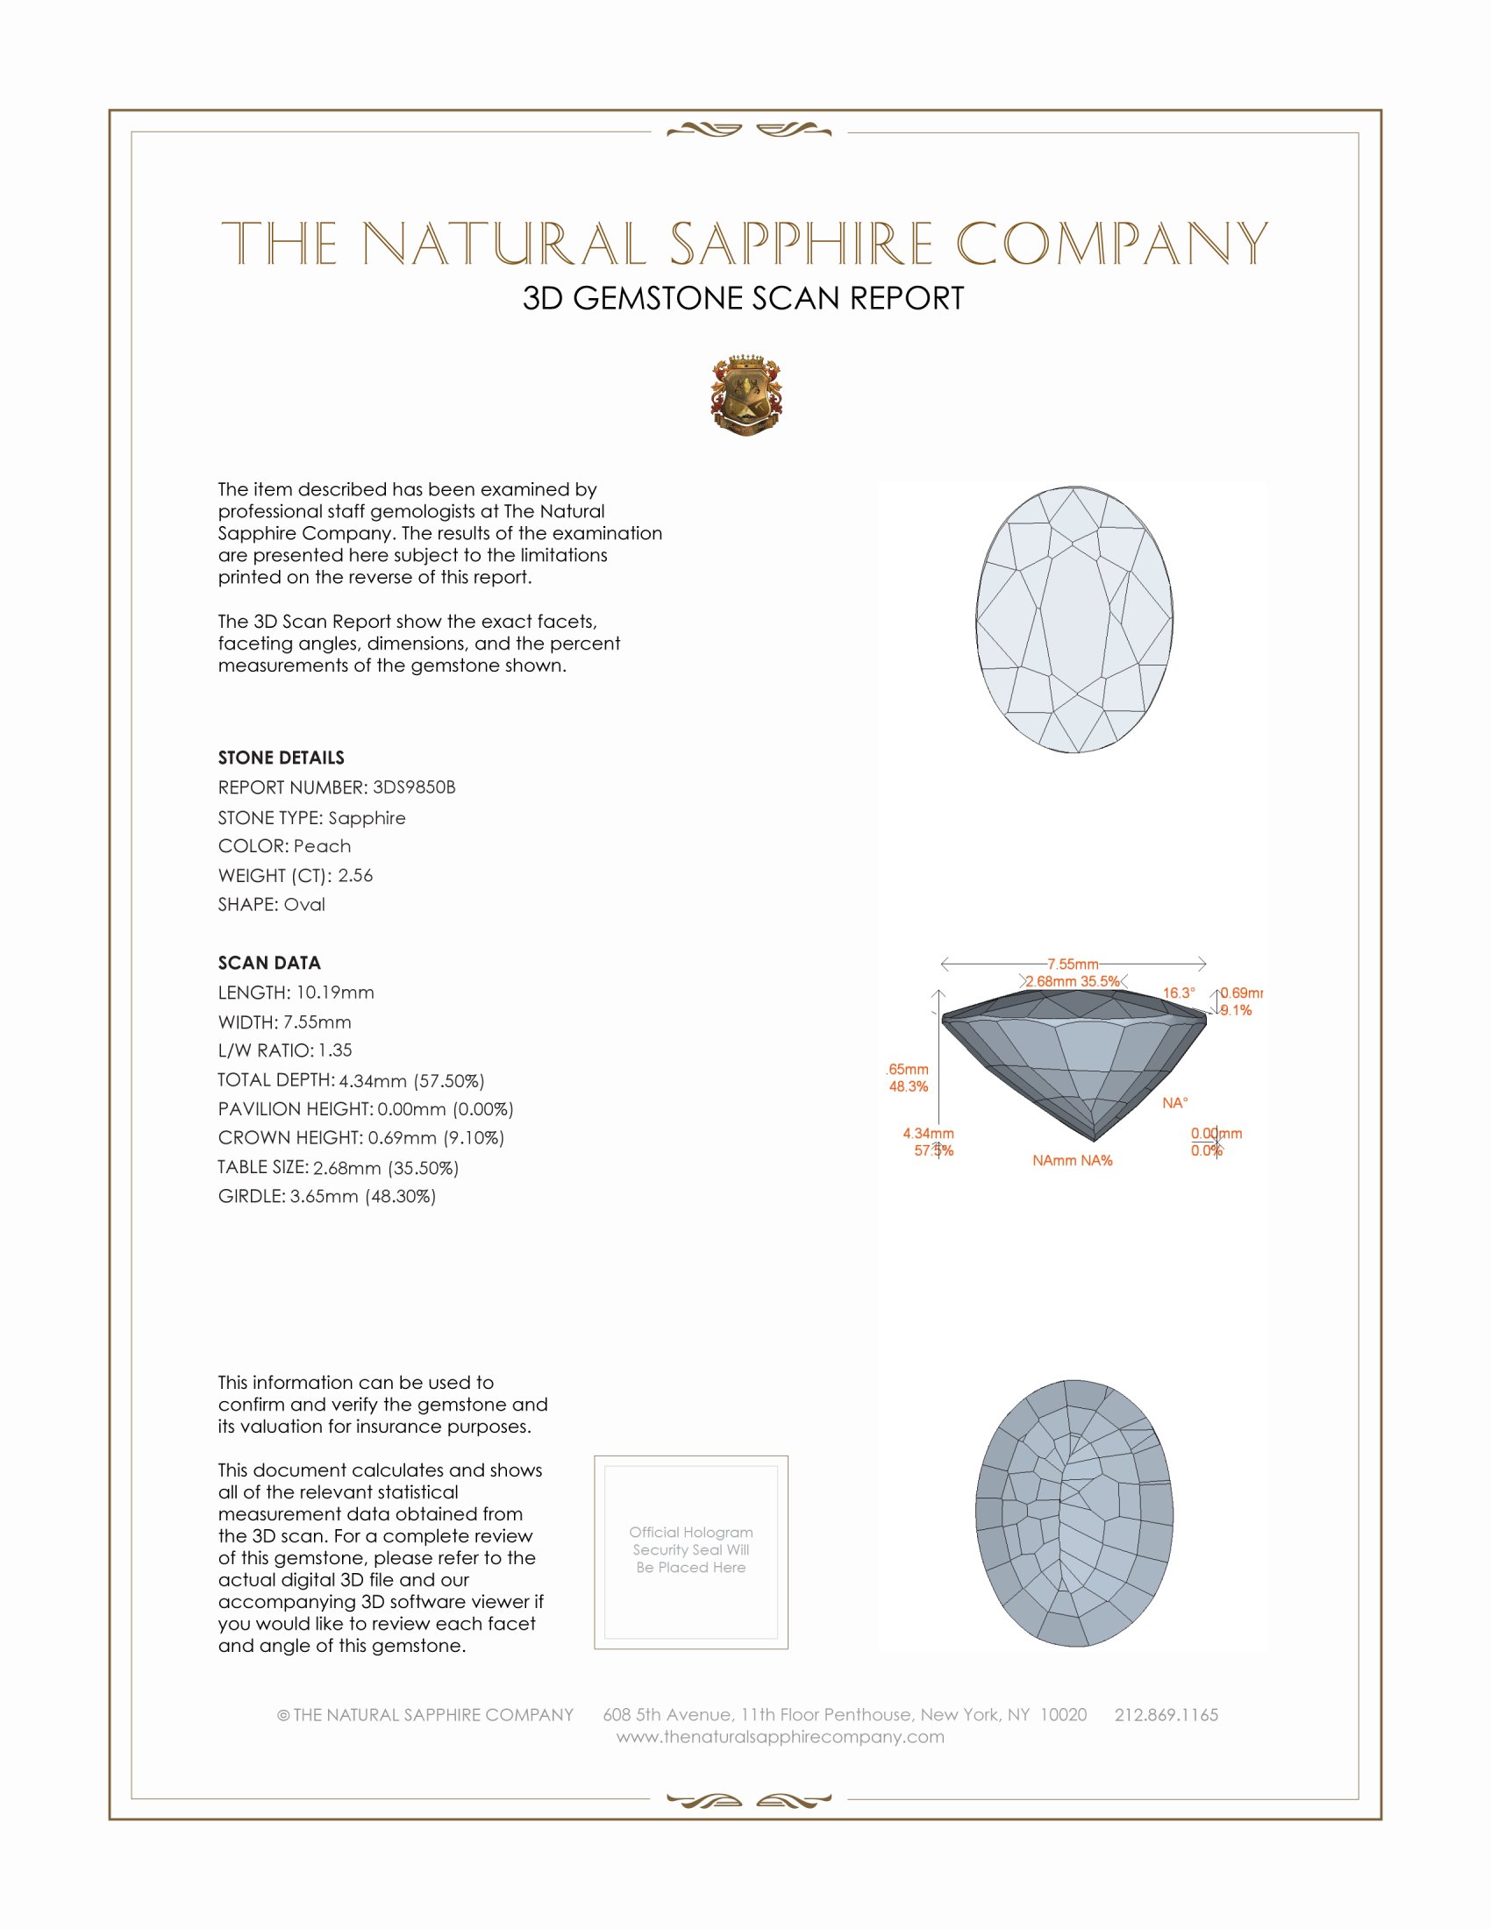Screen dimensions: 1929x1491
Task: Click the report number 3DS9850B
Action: pyautogui.click(x=413, y=787)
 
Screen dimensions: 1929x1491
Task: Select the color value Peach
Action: pyautogui.click(x=323, y=846)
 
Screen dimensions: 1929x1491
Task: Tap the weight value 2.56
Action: pyautogui.click(x=355, y=875)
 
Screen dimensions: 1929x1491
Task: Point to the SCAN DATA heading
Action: pyautogui.click(x=269, y=963)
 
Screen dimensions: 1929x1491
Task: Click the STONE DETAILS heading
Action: pyautogui.click(x=281, y=758)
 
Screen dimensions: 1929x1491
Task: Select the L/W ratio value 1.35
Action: pyautogui.click(x=335, y=1050)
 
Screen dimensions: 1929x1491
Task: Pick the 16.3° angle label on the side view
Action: pyautogui.click(x=1178, y=993)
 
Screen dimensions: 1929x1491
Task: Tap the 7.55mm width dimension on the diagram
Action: pyautogui.click(x=1073, y=964)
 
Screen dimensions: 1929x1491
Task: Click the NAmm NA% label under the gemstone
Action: pyautogui.click(x=1073, y=1161)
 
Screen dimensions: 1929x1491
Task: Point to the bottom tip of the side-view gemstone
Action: pyautogui.click(x=1094, y=1138)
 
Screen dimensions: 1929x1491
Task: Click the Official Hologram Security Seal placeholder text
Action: pyautogui.click(x=691, y=1549)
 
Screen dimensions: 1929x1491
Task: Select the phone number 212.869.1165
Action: pyautogui.click(x=1166, y=1714)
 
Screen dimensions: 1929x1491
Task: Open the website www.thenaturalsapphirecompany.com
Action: pyautogui.click(x=780, y=1736)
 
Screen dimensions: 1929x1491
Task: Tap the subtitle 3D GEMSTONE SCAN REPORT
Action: pyautogui.click(x=743, y=298)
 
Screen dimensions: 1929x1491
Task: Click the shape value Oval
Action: pyautogui.click(x=303, y=905)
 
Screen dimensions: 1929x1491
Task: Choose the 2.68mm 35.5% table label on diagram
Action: pyautogui.click(x=1073, y=981)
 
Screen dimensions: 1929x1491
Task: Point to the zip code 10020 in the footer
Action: pyautogui.click(x=1064, y=1714)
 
